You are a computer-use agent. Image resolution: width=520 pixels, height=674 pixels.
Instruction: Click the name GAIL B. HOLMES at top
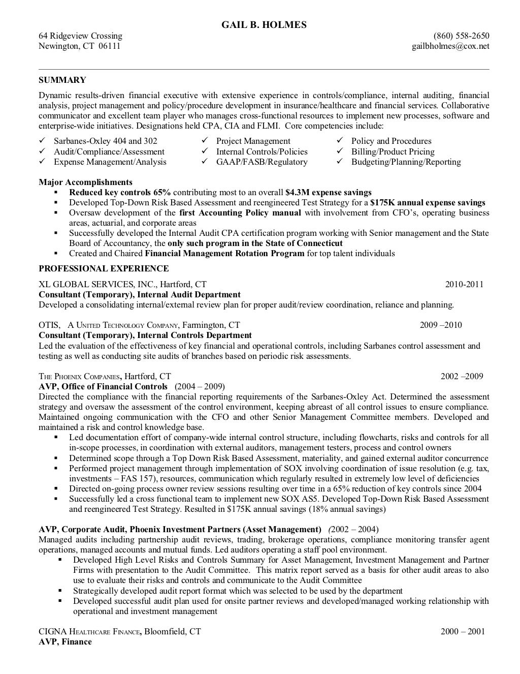click(x=264, y=24)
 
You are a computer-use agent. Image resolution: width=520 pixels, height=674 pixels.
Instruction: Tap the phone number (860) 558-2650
click(x=461, y=36)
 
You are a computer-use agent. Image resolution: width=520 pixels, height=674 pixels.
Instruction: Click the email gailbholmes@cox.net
click(x=450, y=46)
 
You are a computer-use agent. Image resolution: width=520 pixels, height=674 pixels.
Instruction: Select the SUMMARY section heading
click(x=62, y=80)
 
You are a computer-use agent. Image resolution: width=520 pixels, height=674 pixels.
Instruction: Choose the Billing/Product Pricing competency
click(x=393, y=151)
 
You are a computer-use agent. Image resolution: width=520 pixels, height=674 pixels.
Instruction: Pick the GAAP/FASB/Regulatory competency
click(x=262, y=162)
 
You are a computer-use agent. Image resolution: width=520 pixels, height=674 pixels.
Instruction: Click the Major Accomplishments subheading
click(x=85, y=182)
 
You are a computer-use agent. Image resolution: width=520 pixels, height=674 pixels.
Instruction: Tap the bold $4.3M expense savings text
click(x=328, y=192)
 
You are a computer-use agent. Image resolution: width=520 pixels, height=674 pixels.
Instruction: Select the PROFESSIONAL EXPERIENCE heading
click(x=104, y=268)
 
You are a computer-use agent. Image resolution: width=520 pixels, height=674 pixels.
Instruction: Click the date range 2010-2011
click(x=464, y=284)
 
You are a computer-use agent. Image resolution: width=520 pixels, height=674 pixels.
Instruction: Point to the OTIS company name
click(x=49, y=325)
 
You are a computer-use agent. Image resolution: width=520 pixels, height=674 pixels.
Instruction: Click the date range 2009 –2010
click(x=441, y=325)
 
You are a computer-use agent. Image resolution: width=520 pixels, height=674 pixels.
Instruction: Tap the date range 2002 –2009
click(x=462, y=376)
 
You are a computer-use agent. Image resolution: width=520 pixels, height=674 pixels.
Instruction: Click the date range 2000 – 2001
click(x=463, y=631)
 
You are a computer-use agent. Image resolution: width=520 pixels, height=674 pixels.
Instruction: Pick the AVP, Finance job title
click(x=65, y=641)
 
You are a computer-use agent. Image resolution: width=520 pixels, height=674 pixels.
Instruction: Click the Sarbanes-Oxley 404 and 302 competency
click(x=105, y=141)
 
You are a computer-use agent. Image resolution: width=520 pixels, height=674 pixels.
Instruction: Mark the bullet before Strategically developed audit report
click(x=60, y=591)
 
